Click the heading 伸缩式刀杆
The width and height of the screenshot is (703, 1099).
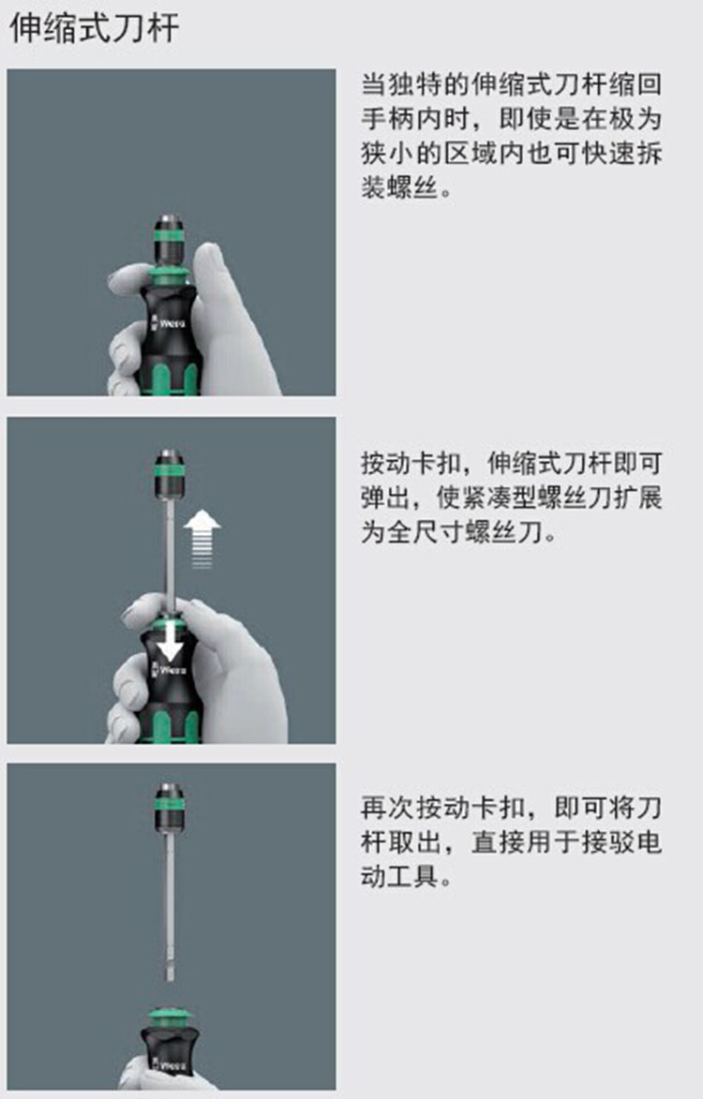[x=94, y=28]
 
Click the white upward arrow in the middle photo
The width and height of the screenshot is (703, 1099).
[x=202, y=539]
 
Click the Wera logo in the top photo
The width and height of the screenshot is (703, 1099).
[x=168, y=323]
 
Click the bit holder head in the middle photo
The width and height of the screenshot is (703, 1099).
[x=169, y=474]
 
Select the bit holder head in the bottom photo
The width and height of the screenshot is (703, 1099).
[x=169, y=808]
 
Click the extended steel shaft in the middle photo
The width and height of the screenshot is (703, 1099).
[x=169, y=549]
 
